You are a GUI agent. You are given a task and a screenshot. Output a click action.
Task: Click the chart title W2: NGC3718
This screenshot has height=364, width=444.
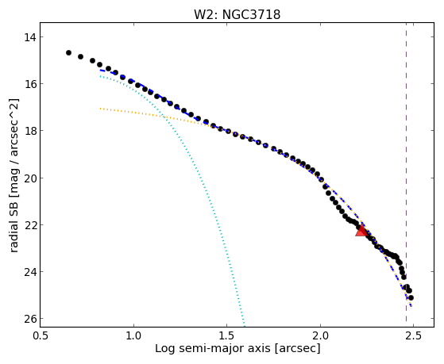[x=237, y=14]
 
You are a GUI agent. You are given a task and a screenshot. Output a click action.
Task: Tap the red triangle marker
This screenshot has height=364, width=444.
[x=361, y=231]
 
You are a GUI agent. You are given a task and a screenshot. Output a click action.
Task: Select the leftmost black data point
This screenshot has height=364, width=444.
[x=68, y=52]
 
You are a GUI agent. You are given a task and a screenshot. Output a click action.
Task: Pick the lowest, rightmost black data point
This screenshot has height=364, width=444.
[x=411, y=298]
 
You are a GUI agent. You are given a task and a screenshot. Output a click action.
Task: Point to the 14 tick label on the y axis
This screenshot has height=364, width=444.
[x=29, y=37]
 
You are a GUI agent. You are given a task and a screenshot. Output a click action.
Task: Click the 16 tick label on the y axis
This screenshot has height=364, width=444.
[x=29, y=84]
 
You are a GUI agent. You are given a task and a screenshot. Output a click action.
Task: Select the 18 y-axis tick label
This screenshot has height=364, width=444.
[x=29, y=131]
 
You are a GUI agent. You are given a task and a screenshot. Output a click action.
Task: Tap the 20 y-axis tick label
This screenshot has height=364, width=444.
[x=29, y=178]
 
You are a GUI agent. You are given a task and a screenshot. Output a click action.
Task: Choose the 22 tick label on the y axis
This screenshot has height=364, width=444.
[x=29, y=225]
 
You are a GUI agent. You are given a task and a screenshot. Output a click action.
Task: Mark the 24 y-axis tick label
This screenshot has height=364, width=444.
[x=29, y=272]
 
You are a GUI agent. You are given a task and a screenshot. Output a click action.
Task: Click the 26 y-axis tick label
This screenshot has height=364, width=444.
[x=29, y=319]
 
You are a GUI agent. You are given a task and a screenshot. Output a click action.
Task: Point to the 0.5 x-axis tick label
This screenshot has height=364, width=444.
[x=41, y=335]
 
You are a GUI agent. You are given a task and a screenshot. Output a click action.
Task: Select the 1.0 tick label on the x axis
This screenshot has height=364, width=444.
[x=133, y=335]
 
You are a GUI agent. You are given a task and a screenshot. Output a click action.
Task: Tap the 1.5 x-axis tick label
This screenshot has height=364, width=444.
[x=227, y=335]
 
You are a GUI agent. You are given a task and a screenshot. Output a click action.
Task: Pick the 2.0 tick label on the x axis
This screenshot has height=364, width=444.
[x=320, y=335]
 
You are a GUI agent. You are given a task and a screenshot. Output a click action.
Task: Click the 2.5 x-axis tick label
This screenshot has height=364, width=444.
[x=413, y=335]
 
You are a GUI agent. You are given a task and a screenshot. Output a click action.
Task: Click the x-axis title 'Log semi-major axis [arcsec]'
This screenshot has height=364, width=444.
[x=237, y=349]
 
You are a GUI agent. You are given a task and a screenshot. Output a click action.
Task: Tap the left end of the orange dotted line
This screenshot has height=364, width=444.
[x=100, y=109]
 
